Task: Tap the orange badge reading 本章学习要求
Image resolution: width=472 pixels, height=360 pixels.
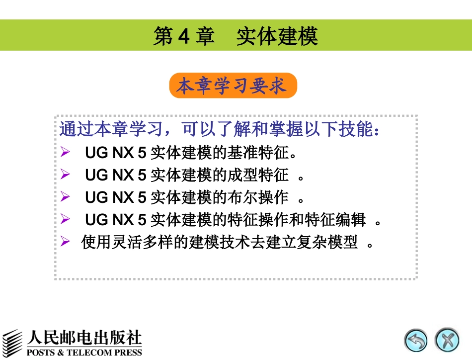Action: [233, 86]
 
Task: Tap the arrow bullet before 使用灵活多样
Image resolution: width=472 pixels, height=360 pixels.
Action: [65, 242]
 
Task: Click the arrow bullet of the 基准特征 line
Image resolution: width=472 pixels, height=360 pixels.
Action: [65, 152]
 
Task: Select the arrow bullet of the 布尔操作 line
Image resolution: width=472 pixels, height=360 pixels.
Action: [65, 197]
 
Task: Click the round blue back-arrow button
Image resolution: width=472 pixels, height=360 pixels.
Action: [416, 341]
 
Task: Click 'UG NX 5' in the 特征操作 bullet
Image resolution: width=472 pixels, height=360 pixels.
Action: [115, 220]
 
